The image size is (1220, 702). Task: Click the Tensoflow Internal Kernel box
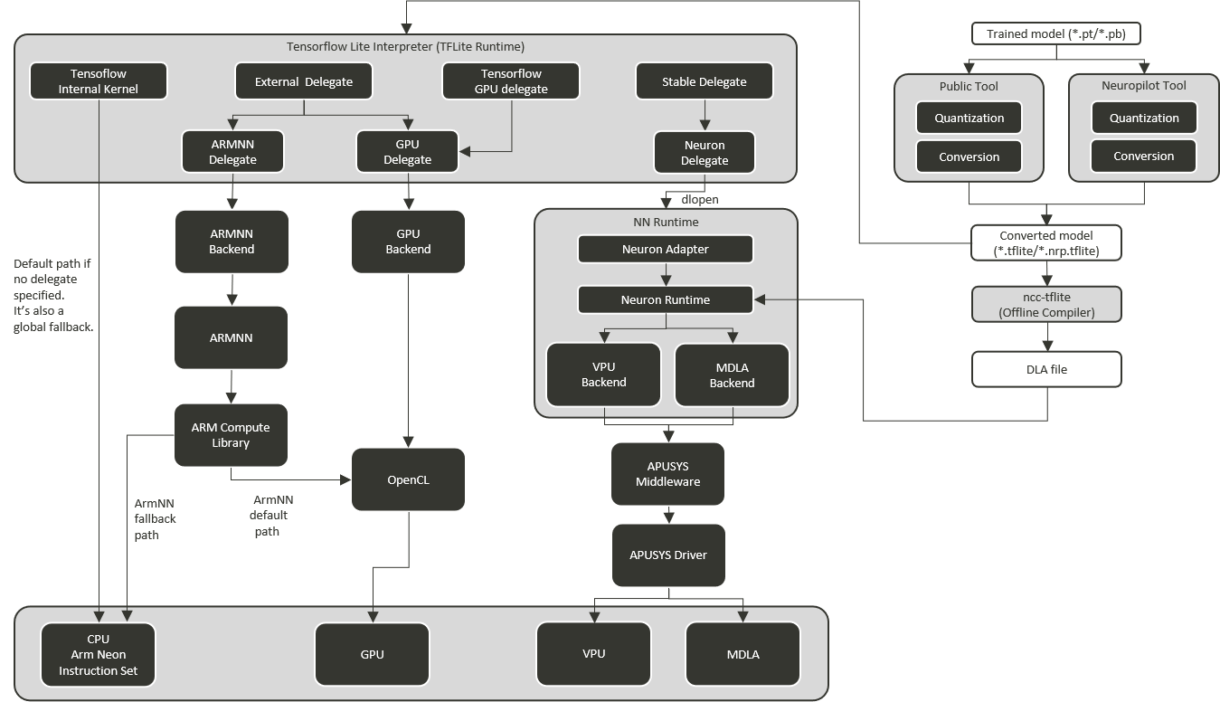coord(98,81)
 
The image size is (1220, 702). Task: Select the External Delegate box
coord(303,81)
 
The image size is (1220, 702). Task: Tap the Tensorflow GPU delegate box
coord(511,81)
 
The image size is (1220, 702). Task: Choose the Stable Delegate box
coord(704,81)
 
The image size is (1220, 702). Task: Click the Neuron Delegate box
coord(704,152)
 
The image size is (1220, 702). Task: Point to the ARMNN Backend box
coord(232,242)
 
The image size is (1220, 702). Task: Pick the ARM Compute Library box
coord(231,435)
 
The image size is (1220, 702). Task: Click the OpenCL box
coord(408,479)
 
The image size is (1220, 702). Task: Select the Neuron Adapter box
coord(665,249)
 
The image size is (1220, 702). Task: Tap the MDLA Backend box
coord(732,375)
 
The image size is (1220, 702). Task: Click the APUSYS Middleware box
coord(668,473)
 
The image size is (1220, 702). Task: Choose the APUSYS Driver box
coord(668,554)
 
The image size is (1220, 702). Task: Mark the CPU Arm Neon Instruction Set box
coord(99,654)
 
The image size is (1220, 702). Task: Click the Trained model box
coord(1055,34)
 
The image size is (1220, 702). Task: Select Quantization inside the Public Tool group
coord(969,118)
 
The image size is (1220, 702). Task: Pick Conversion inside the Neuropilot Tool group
coord(1143,156)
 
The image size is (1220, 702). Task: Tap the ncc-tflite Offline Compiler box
coord(1046,305)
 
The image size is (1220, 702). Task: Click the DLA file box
coord(1046,369)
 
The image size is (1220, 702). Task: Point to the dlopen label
coord(699,199)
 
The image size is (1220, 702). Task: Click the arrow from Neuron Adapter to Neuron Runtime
coord(666,274)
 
